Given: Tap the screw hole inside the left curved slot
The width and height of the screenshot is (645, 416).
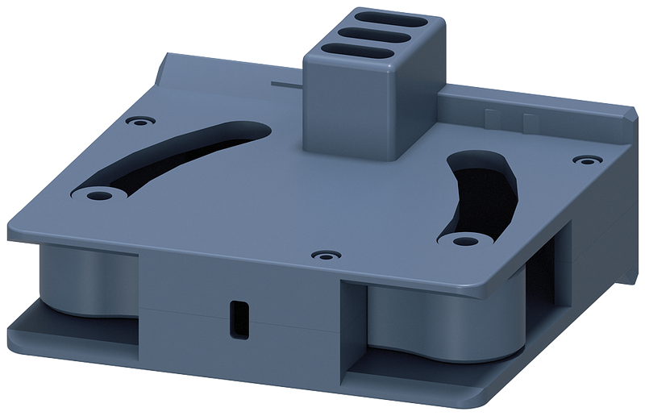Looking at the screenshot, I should pos(98,194).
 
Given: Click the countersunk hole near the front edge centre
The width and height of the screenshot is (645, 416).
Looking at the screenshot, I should pos(324,256).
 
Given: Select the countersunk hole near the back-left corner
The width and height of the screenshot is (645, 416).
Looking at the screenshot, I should pos(139,120).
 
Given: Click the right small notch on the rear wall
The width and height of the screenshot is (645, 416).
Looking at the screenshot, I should pos(530,123).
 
